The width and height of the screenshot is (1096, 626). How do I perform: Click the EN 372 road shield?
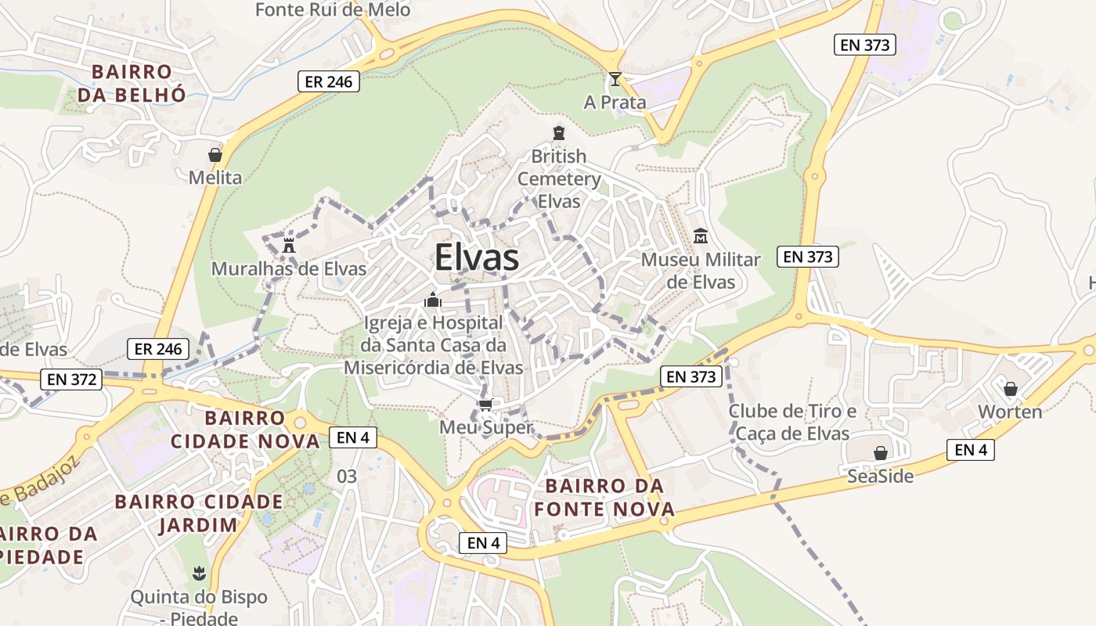tap(72, 380)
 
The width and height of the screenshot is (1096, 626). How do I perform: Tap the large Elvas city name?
tap(476, 257)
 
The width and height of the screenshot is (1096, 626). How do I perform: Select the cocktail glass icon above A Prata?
tap(615, 78)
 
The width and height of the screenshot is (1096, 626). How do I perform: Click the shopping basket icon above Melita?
tap(215, 155)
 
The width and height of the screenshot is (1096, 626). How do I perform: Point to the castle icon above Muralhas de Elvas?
tap(289, 245)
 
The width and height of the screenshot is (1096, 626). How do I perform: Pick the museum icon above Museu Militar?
tap(701, 236)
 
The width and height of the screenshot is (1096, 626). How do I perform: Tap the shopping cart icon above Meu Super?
tap(485, 405)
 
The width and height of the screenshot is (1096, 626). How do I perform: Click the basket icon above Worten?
tap(1011, 388)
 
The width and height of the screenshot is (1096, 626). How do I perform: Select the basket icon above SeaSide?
tap(881, 453)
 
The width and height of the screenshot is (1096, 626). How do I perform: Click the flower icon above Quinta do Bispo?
tap(199, 574)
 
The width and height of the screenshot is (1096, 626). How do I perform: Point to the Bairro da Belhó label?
tap(132, 83)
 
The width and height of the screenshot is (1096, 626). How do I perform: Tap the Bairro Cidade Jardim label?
tap(199, 513)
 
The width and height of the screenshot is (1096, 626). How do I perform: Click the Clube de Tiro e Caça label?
tap(792, 422)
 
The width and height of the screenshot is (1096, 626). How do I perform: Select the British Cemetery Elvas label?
tap(559, 178)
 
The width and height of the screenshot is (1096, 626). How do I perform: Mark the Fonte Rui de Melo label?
tap(333, 10)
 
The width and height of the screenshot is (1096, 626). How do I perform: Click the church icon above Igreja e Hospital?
tap(433, 300)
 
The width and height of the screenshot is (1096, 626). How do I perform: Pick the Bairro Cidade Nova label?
tap(246, 429)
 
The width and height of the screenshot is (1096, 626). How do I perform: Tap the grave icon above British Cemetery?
tap(559, 133)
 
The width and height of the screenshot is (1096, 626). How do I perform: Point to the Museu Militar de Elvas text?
tap(701, 270)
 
